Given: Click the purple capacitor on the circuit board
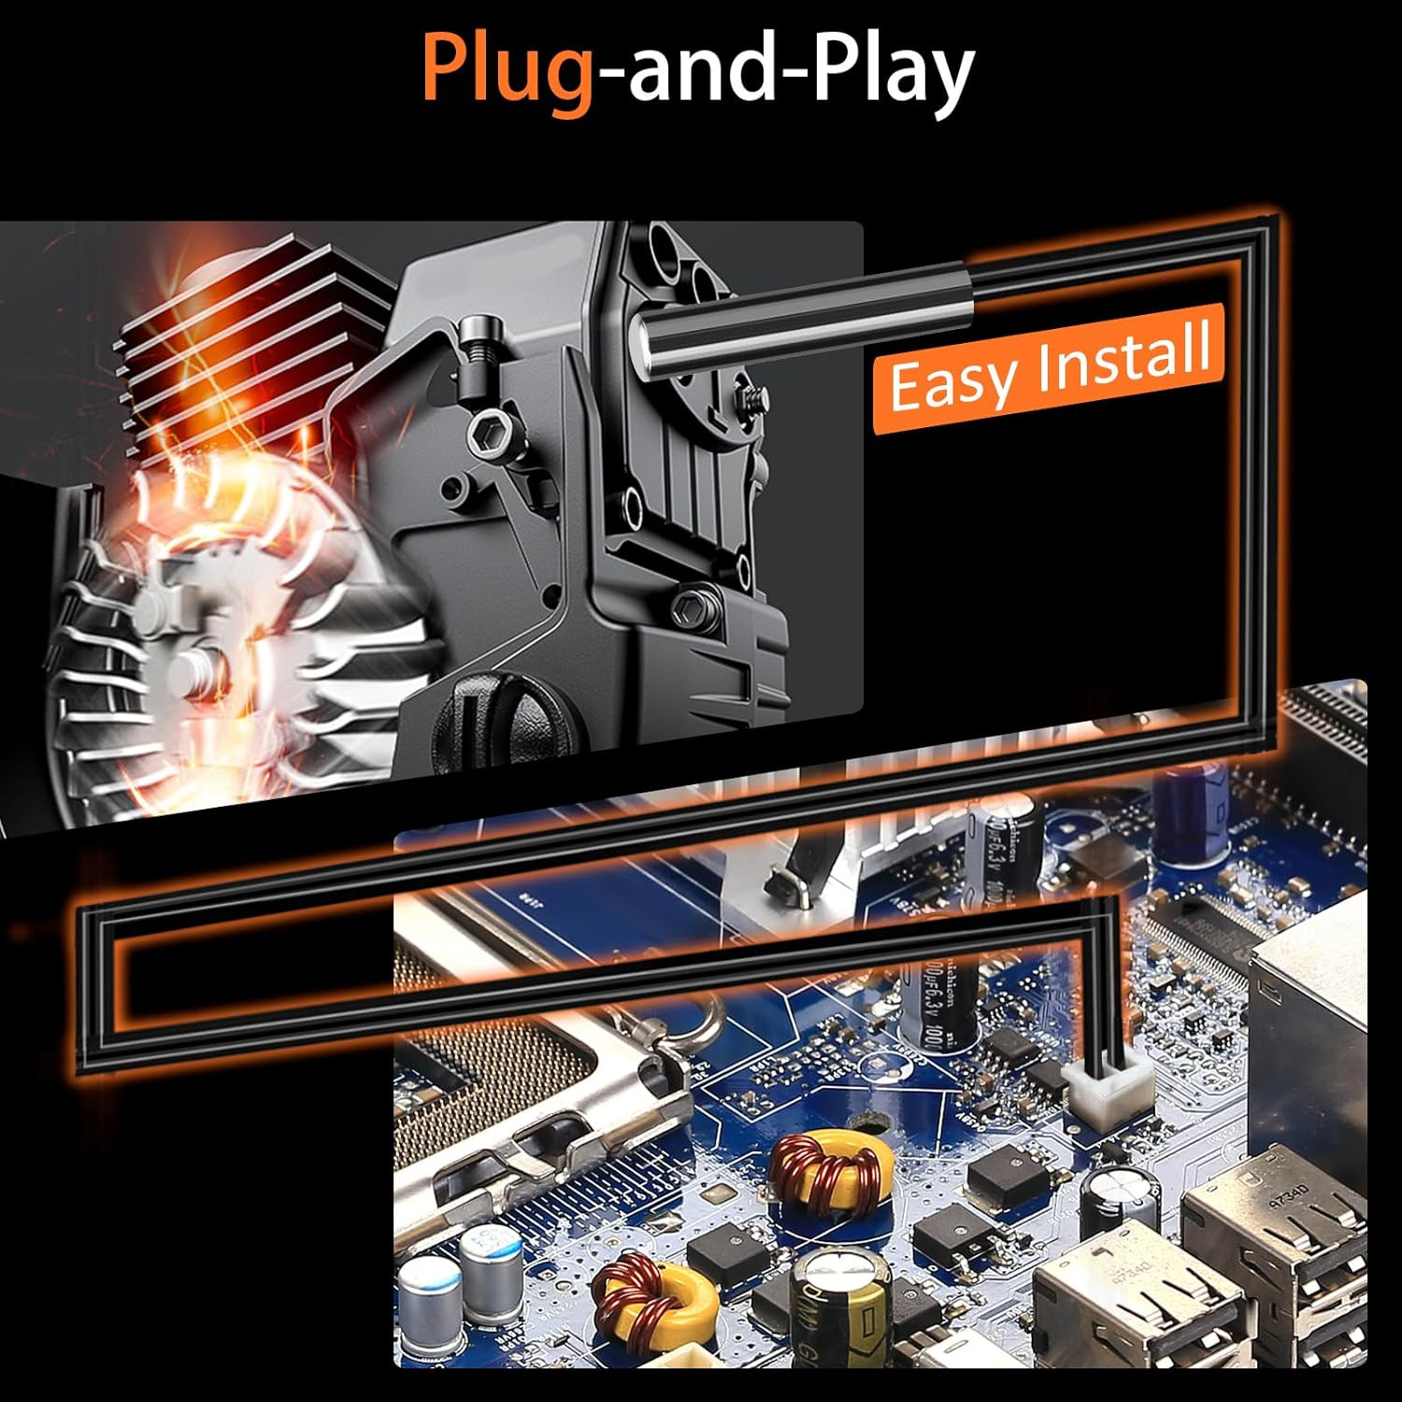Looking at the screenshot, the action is [x=1193, y=808].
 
